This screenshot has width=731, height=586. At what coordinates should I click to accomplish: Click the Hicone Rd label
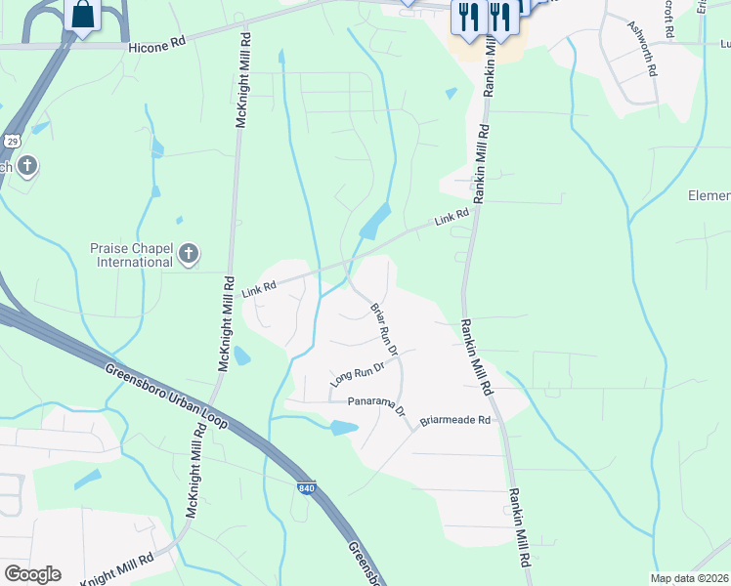[x=156, y=45]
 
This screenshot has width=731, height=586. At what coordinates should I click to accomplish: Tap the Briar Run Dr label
[x=383, y=329]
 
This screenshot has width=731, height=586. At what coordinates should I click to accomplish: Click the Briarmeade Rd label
[x=454, y=420]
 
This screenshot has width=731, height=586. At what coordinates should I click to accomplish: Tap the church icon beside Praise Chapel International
[x=189, y=256]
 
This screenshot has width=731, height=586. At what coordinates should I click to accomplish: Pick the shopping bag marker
[x=83, y=15]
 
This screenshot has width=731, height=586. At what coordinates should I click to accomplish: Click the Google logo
[x=32, y=573]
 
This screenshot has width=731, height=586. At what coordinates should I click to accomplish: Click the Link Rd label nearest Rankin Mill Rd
[x=451, y=217]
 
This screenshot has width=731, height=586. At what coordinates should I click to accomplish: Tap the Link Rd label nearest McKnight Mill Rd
[x=260, y=286]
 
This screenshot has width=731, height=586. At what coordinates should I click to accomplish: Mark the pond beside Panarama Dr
[x=343, y=427]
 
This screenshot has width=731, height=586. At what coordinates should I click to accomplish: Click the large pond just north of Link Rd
[x=375, y=224]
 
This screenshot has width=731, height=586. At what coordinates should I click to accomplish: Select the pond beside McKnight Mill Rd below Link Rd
[x=241, y=356]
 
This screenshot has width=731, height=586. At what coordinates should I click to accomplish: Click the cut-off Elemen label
[x=709, y=195]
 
